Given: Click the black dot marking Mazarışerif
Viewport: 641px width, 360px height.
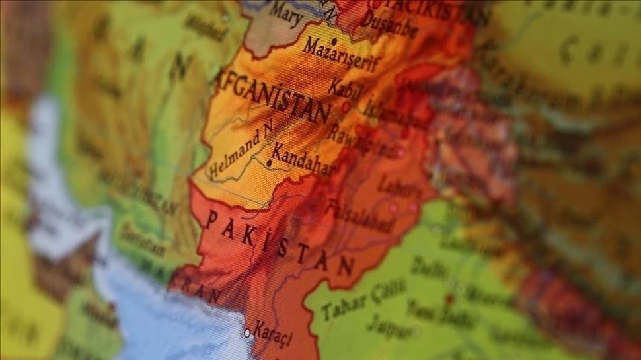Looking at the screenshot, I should point(334,41).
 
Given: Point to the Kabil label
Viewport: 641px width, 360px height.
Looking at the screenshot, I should point(346,89).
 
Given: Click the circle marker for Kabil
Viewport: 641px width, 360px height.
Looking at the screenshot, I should point(346,106).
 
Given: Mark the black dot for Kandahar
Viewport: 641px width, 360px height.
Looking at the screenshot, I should point(270,162).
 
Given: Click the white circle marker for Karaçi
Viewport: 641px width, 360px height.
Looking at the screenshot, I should point(247,333).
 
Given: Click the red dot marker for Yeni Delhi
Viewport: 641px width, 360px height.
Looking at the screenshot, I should point(449,299).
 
